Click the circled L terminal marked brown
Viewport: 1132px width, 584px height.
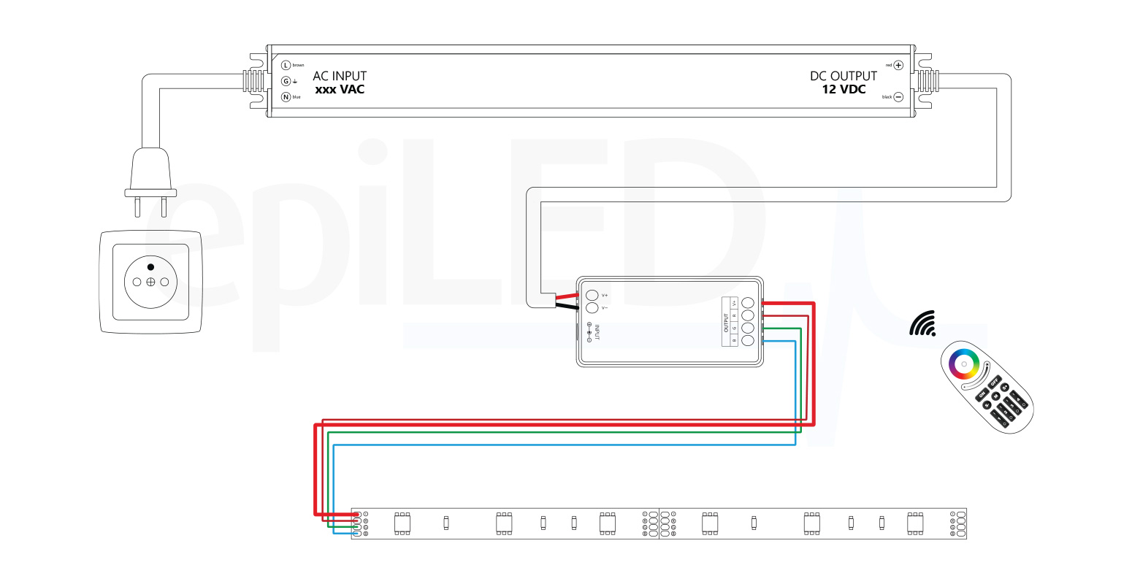pos(286,65)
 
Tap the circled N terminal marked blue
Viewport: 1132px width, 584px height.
pos(286,97)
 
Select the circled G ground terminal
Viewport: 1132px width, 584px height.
pos(286,81)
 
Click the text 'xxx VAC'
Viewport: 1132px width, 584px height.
pos(340,90)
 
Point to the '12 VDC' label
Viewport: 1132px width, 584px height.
pos(844,90)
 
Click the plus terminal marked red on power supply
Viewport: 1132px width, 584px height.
pos(898,65)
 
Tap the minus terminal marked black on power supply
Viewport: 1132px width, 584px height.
pos(898,97)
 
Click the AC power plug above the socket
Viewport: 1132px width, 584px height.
pos(150,175)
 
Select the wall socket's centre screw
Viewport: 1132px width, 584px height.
pos(150,282)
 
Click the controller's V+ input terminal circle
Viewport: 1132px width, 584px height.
pos(592,295)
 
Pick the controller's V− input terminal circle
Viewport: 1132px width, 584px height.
pos(592,308)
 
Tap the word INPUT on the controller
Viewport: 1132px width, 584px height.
pos(597,333)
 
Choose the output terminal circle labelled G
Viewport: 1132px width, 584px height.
pos(748,328)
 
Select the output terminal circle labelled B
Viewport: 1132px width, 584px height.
pos(748,340)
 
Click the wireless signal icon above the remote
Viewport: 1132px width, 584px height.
pos(923,323)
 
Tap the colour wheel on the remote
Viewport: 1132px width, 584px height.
pos(963,363)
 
